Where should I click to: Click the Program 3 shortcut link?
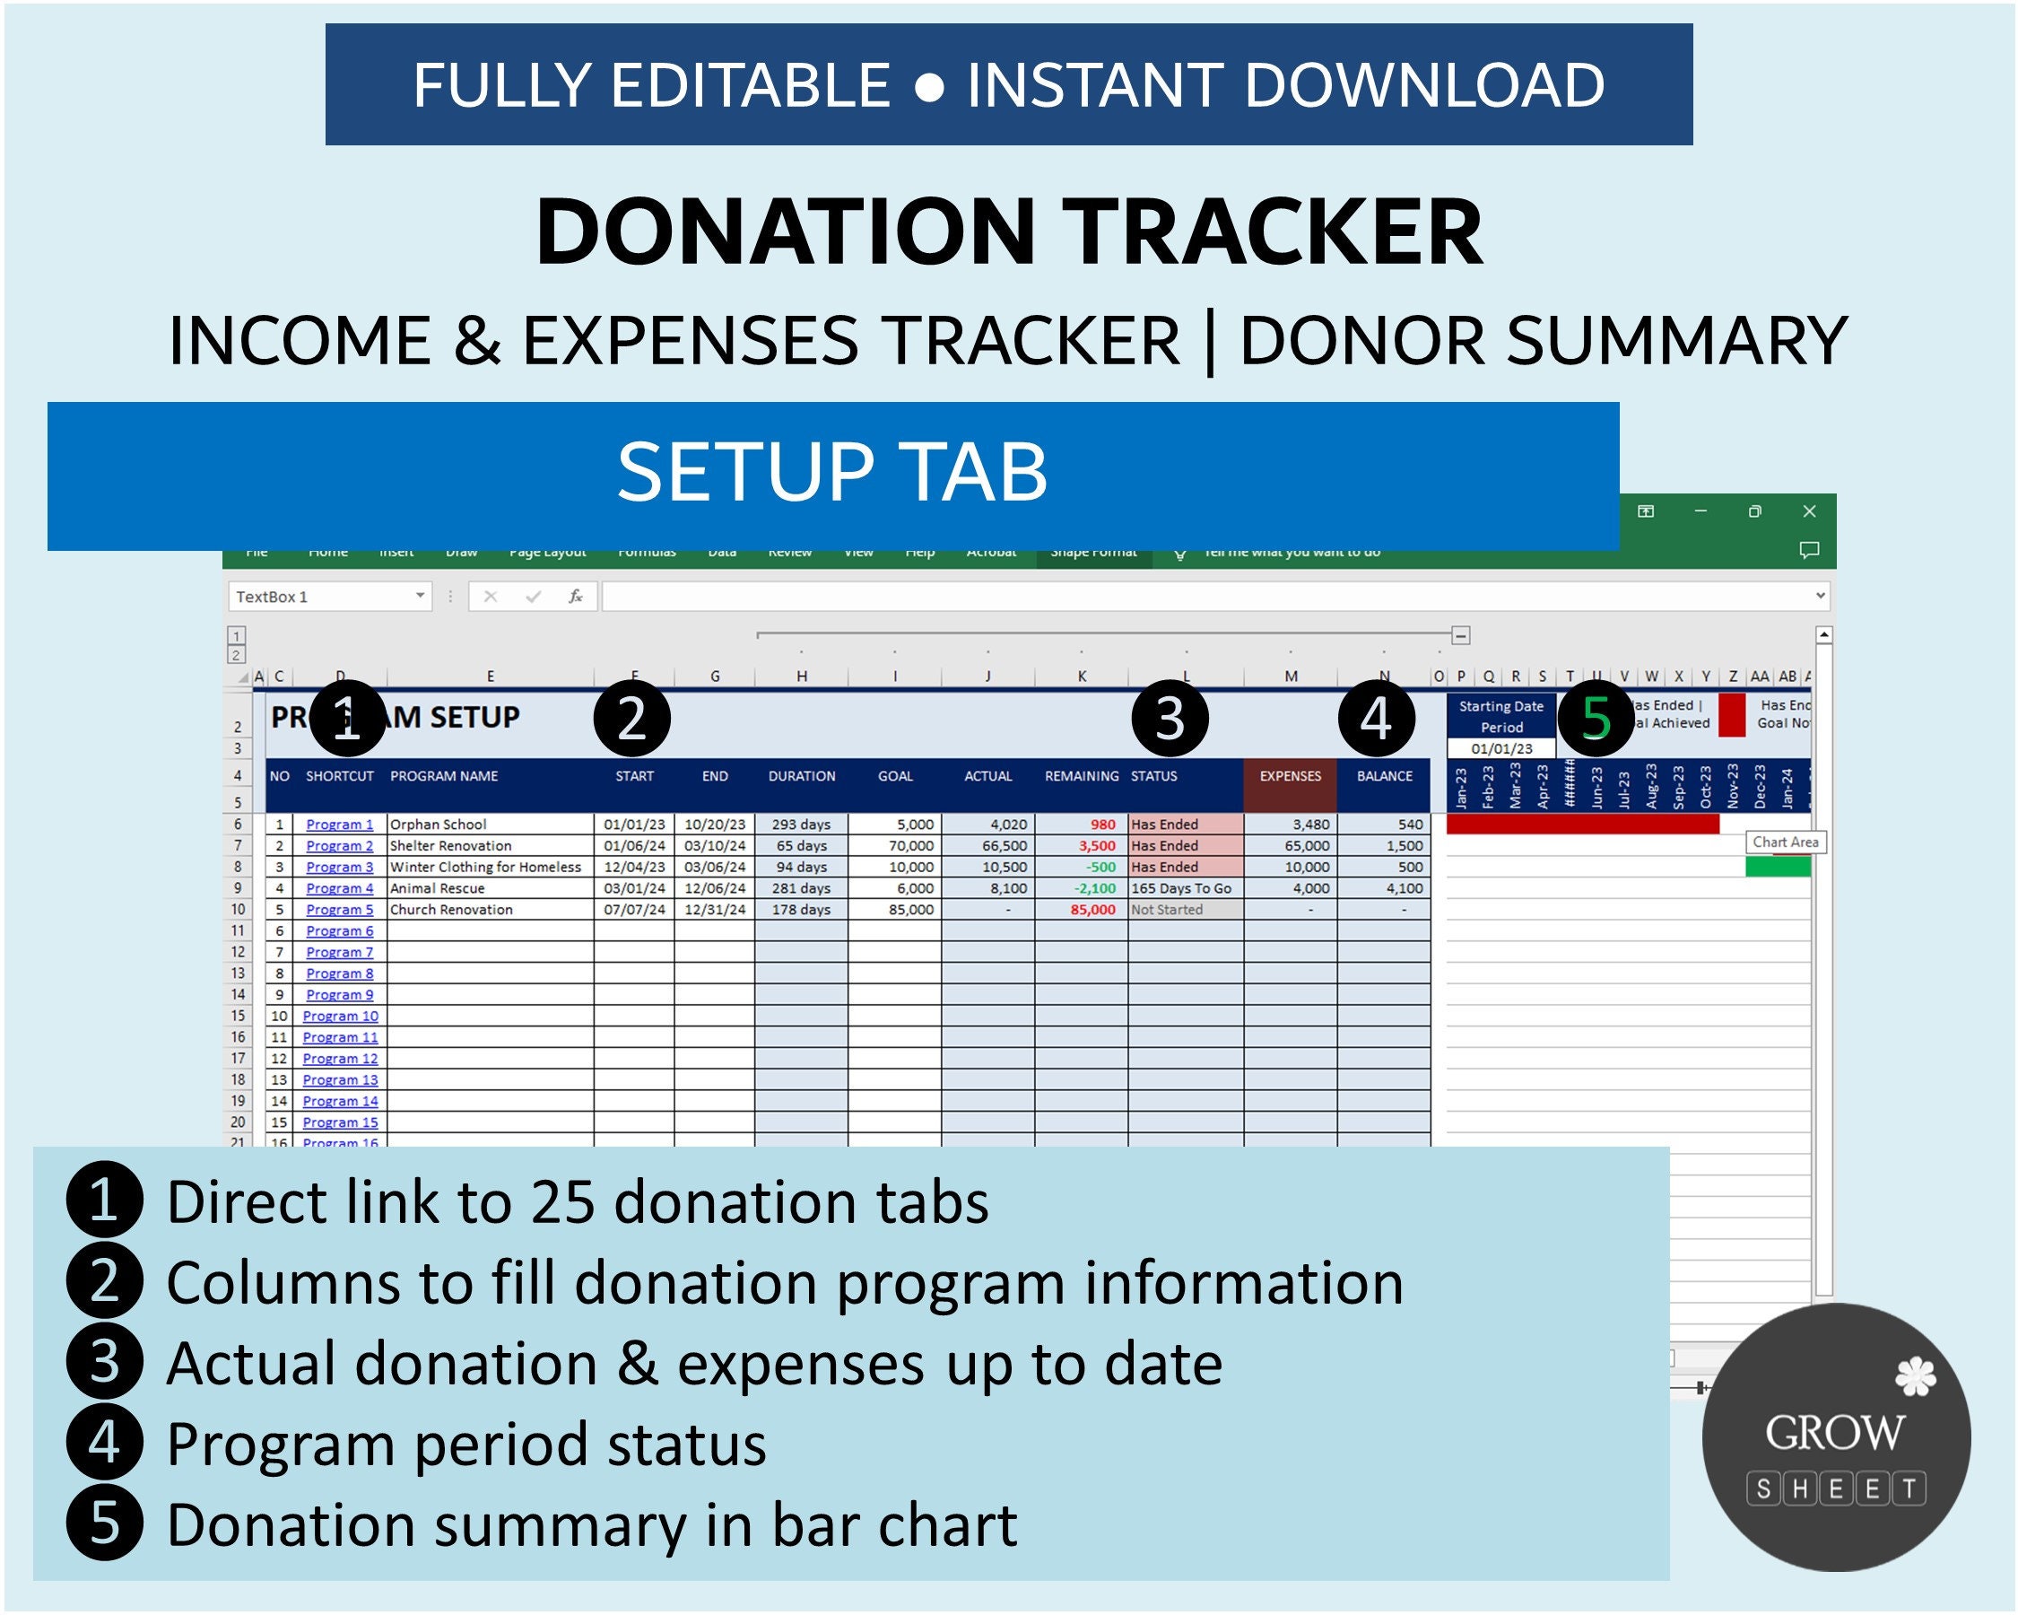click(x=339, y=867)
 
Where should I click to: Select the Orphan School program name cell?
click(x=438, y=825)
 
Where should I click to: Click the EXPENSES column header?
click(x=1290, y=776)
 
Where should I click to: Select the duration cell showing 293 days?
click(x=801, y=825)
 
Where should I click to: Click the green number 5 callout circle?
click(x=1595, y=719)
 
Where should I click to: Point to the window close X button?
click(x=1808, y=511)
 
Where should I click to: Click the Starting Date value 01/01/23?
click(x=1501, y=749)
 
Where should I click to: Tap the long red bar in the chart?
click(x=1582, y=824)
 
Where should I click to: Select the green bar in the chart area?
click(x=1778, y=867)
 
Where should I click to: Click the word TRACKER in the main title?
click(x=1274, y=232)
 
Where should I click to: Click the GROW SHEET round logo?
click(x=1835, y=1437)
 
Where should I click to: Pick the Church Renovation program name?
click(x=451, y=909)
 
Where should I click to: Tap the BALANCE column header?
click(x=1383, y=776)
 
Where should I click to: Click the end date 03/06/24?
click(x=714, y=867)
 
